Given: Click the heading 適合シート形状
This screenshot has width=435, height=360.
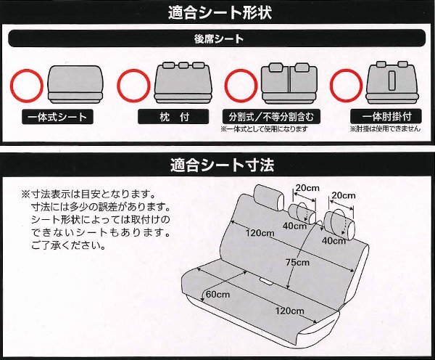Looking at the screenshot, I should (x=217, y=12).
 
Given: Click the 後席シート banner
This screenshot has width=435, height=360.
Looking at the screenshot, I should (x=217, y=38).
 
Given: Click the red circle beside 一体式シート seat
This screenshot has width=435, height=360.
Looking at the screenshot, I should (x=27, y=85).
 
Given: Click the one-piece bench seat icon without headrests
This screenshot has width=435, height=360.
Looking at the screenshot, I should (x=75, y=83).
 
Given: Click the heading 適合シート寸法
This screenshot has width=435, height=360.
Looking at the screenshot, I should (x=217, y=164).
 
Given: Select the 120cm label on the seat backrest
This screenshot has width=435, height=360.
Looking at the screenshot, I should (x=259, y=233).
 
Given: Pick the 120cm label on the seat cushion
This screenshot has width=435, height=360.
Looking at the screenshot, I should (x=290, y=310).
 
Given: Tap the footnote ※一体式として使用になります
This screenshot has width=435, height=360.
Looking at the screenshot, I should (x=264, y=129).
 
